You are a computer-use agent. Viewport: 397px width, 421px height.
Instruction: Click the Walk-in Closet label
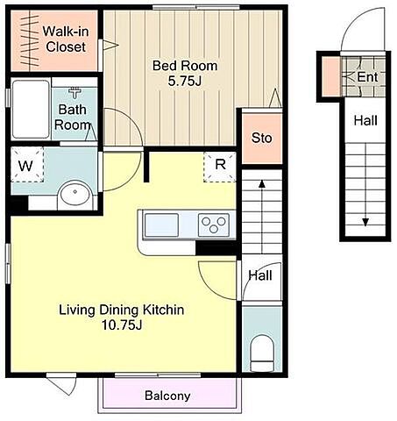[66, 39]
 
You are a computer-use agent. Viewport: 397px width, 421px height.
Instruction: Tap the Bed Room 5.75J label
[185, 73]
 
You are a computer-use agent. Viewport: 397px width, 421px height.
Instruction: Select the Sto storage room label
[262, 138]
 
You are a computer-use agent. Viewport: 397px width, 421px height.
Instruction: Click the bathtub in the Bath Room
[31, 109]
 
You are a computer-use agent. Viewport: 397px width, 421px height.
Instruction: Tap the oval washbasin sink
[75, 194]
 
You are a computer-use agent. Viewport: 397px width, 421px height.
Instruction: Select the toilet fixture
[262, 353]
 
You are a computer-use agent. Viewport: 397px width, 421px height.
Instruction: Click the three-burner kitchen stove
[214, 225]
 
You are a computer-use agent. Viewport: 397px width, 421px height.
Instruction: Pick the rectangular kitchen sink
[161, 225]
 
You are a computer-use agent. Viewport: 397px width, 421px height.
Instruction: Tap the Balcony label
[167, 396]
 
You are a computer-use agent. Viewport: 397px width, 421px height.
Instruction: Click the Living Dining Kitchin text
[122, 310]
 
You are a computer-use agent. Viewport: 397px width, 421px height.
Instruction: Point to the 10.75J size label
[122, 325]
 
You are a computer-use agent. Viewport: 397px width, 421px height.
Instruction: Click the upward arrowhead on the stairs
[262, 183]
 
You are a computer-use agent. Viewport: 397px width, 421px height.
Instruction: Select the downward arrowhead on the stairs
[365, 223]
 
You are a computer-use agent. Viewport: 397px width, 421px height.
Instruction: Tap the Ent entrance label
[367, 77]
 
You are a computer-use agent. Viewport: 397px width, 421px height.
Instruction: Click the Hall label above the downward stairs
[365, 120]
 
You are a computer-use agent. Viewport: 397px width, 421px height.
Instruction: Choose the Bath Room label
[73, 118]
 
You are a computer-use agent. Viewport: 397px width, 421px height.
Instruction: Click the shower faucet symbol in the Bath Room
[75, 92]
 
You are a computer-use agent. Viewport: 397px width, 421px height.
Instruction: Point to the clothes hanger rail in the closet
[30, 41]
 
